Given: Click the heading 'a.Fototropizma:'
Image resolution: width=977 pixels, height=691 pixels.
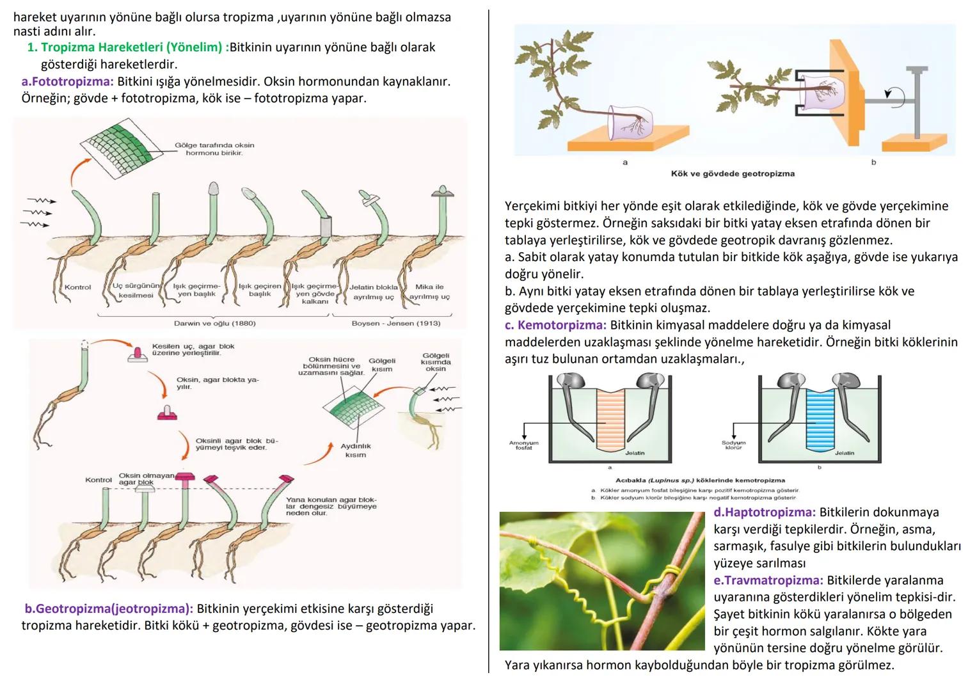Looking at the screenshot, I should pyautogui.click(x=67, y=82).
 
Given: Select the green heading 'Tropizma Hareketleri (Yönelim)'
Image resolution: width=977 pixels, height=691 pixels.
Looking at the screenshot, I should pyautogui.click(x=131, y=47).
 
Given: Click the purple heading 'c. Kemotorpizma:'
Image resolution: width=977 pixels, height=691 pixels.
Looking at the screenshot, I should pyautogui.click(x=555, y=325).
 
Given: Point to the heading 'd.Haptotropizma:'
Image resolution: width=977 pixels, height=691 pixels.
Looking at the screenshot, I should pyautogui.click(x=764, y=512).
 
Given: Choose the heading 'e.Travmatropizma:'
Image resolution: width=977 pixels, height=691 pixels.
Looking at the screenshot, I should pyautogui.click(x=768, y=580).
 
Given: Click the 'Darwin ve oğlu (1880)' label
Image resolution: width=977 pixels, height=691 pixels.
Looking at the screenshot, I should pyautogui.click(x=215, y=324).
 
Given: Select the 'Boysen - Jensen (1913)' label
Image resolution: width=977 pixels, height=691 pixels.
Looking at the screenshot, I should pyautogui.click(x=395, y=324).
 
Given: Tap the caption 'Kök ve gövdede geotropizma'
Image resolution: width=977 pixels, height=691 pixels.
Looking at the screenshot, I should pyautogui.click(x=733, y=173).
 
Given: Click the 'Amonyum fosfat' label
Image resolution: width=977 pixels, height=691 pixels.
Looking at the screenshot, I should pyautogui.click(x=523, y=445).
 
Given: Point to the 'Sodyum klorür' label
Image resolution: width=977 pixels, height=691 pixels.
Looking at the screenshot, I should pyautogui.click(x=733, y=445).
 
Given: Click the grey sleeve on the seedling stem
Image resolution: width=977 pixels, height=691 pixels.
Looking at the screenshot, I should pyautogui.click(x=326, y=226).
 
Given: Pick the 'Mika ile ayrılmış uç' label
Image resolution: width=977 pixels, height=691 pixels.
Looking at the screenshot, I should pyautogui.click(x=429, y=292).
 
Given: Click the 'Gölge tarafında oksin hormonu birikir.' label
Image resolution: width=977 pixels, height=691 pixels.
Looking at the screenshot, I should pyautogui.click(x=214, y=149).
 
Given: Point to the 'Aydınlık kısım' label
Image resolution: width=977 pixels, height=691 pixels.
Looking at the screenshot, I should pyautogui.click(x=356, y=450).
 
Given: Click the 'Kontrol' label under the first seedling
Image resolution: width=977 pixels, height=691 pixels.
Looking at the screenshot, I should pyautogui.click(x=77, y=287).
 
